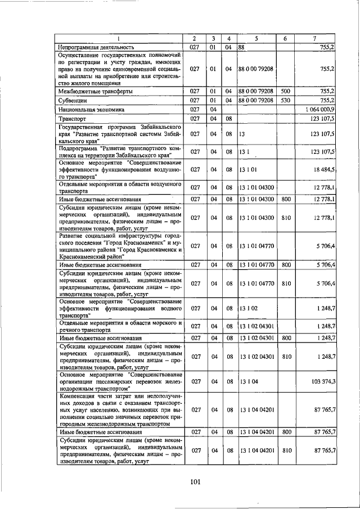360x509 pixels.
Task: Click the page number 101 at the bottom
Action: pos(195,481)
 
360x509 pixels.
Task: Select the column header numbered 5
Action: pos(256,38)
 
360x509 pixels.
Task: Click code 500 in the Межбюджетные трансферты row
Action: pos(285,91)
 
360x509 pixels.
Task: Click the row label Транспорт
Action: pos(73,119)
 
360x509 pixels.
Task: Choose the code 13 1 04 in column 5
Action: pos(248,381)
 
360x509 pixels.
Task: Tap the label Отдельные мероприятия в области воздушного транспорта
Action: pos(120,187)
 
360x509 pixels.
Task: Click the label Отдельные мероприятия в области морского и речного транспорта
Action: pos(120,326)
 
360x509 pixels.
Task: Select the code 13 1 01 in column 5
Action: pos(248,169)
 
